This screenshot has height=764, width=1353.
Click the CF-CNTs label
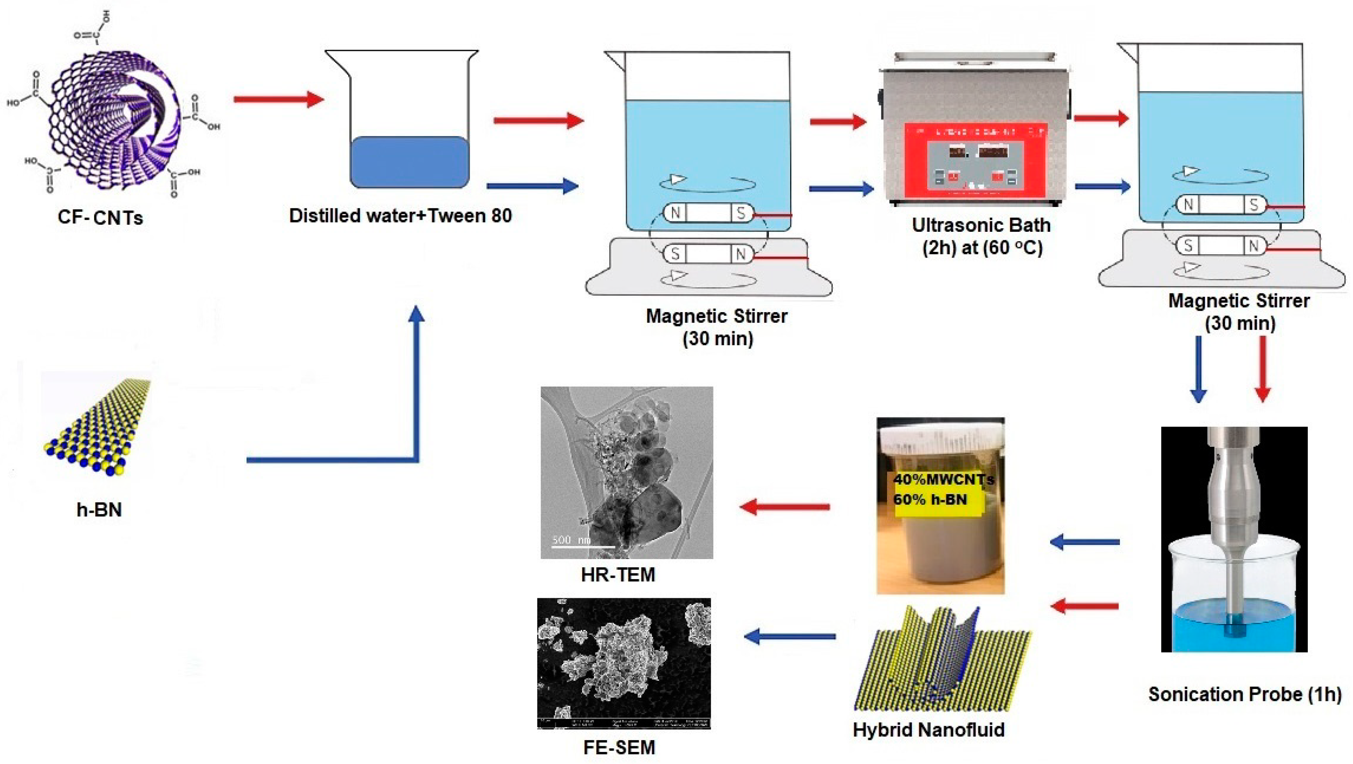click(100, 217)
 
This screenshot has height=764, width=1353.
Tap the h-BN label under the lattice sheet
click(99, 509)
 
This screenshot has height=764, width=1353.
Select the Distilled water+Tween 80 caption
click(400, 215)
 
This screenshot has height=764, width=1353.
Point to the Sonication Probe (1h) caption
click(1244, 694)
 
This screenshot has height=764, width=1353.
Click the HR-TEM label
click(618, 574)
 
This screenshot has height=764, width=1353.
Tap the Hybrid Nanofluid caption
click(928, 730)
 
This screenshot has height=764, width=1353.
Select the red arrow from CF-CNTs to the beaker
click(278, 99)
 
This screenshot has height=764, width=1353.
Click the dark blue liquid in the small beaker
click(409, 162)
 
